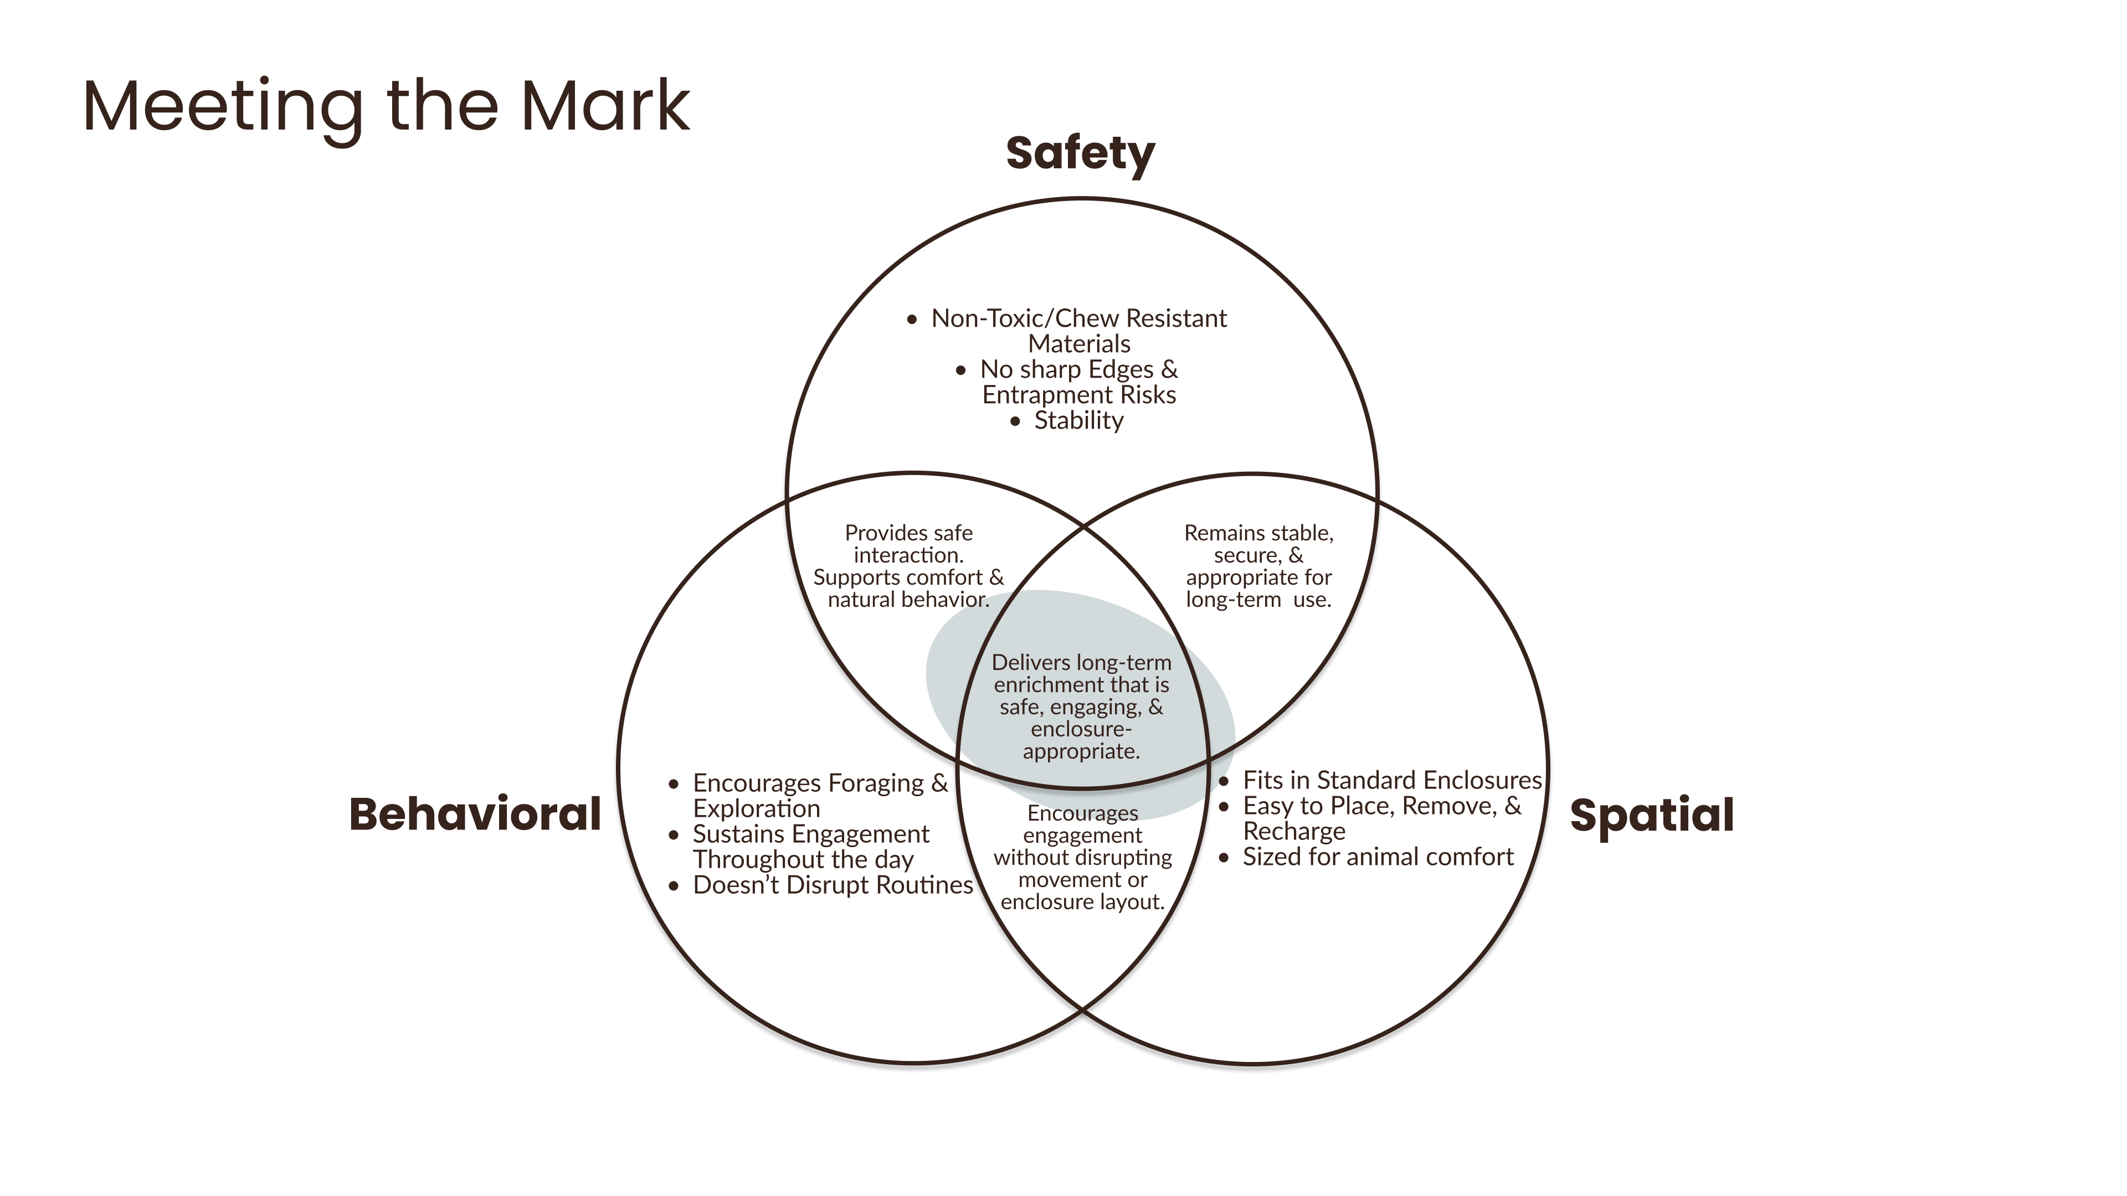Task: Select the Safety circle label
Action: (1080, 154)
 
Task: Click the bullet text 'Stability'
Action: (1078, 420)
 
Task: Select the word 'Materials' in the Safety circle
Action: (1079, 343)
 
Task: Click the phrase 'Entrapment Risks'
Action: (1079, 395)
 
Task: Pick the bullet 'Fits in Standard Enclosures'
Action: (1392, 780)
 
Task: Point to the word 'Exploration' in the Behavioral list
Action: (756, 809)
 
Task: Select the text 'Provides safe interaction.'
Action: (908, 544)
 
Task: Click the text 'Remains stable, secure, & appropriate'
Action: (1258, 555)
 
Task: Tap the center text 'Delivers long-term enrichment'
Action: (1081, 673)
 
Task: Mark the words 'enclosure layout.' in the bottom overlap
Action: (1082, 902)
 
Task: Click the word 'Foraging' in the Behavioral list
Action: (876, 783)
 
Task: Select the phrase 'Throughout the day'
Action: (803, 860)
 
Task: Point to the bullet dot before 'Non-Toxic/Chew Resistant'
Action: (912, 319)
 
